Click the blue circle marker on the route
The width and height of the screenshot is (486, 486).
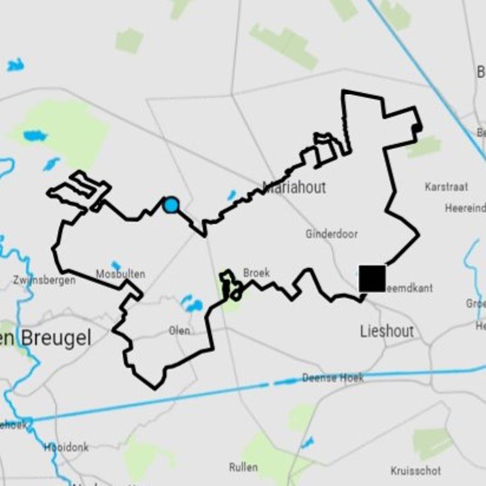(x=171, y=205)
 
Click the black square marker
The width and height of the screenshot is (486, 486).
(x=372, y=278)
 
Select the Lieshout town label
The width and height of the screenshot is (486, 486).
(x=386, y=331)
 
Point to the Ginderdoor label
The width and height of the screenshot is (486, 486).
(x=332, y=233)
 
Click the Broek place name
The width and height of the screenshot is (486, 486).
(x=256, y=273)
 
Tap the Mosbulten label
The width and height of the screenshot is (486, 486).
(x=120, y=274)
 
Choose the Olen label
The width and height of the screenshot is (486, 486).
(x=179, y=330)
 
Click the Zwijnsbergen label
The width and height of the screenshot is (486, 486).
(x=44, y=280)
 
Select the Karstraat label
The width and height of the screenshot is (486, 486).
(x=446, y=187)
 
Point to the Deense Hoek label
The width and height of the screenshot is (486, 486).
(x=333, y=378)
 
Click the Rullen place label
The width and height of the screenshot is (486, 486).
(x=243, y=467)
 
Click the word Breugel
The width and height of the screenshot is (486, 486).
(x=57, y=338)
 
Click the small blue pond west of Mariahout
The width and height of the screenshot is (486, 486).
(x=231, y=195)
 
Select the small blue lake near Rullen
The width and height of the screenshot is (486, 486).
(x=307, y=442)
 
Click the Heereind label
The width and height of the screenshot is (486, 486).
(x=465, y=208)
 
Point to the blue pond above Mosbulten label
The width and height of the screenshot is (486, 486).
(x=115, y=265)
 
